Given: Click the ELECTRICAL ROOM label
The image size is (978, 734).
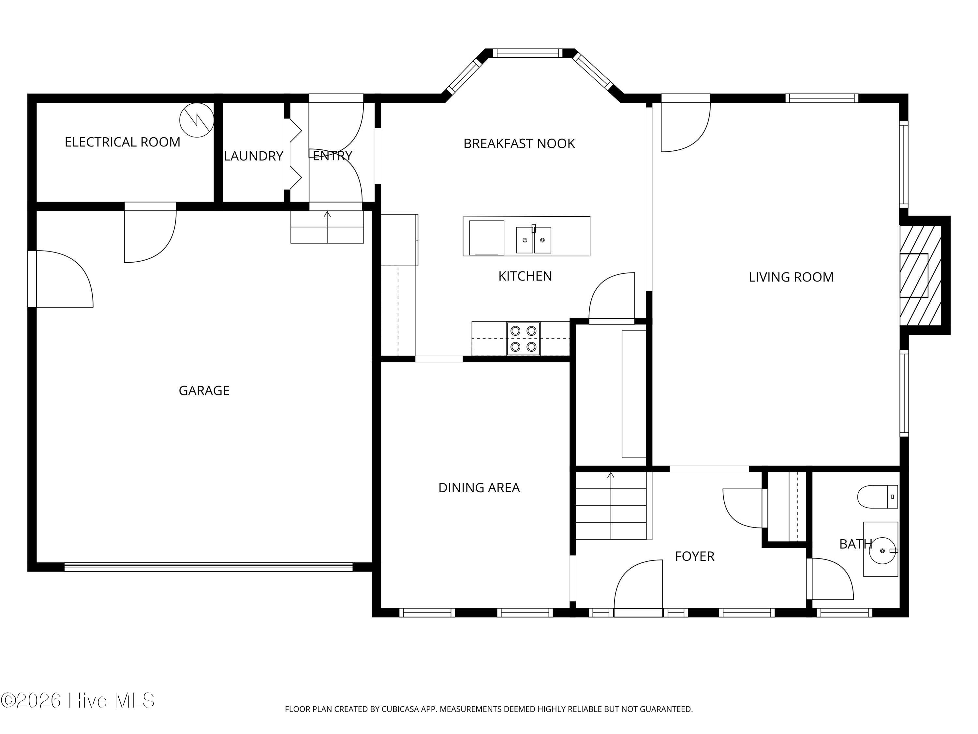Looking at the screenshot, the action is pyautogui.click(x=123, y=142).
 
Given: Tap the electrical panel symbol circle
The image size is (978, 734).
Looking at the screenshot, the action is pyautogui.click(x=197, y=120).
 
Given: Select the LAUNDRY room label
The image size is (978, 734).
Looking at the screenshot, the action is pyautogui.click(x=253, y=156).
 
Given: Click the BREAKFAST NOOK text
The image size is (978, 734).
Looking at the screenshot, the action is pyautogui.click(x=519, y=143).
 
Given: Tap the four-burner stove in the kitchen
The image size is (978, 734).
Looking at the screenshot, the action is pyautogui.click(x=524, y=339).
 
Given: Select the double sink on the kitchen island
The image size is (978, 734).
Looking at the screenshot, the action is pyautogui.click(x=534, y=240).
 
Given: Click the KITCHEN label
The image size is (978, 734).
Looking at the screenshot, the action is pyautogui.click(x=525, y=276).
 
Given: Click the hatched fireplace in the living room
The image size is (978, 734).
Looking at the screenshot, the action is pyautogui.click(x=921, y=275).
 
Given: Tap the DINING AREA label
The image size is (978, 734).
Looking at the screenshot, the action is pyautogui.click(x=479, y=488).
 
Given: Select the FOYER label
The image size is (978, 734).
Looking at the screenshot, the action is pyautogui.click(x=695, y=556).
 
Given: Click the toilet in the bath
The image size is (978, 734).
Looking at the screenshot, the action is pyautogui.click(x=878, y=497).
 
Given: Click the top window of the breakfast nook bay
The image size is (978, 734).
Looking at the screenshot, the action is pyautogui.click(x=527, y=53).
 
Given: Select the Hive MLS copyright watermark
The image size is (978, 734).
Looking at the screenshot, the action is pyautogui.click(x=78, y=700).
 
